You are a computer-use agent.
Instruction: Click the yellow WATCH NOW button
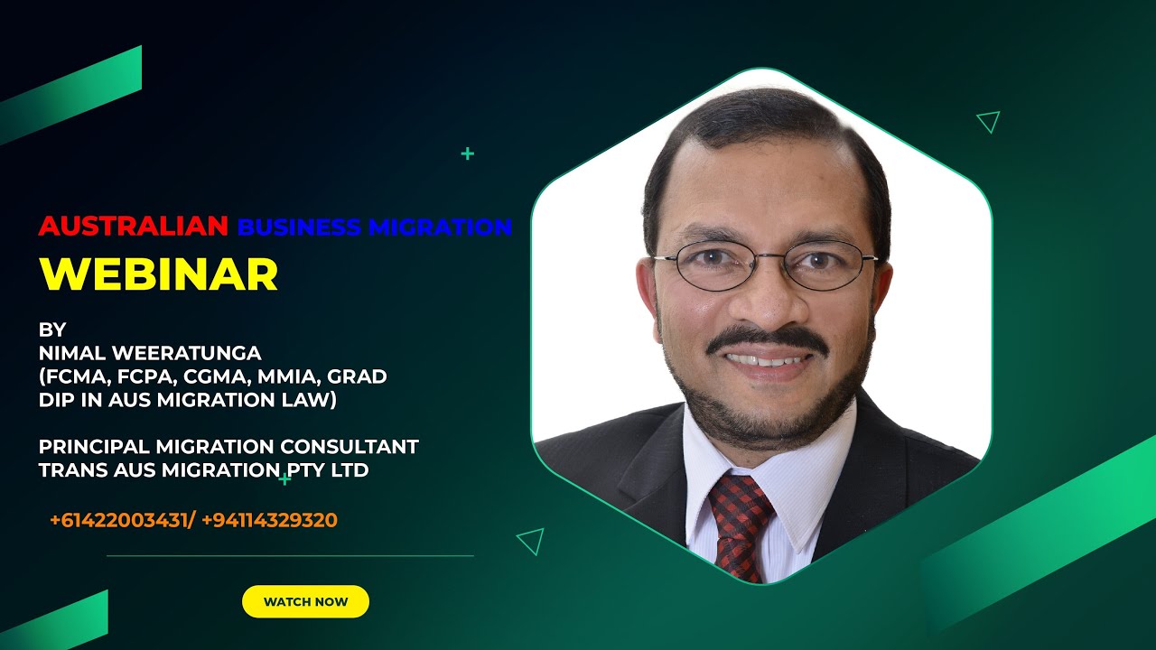click(305, 601)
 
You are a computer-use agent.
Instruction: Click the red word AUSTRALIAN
click(133, 227)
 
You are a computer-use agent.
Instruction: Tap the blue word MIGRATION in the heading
click(440, 227)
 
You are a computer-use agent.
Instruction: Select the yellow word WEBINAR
click(158, 274)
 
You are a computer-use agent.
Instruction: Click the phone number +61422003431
click(121, 520)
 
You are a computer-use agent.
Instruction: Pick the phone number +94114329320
click(270, 520)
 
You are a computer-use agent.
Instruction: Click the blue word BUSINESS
click(299, 227)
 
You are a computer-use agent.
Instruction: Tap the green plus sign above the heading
click(467, 153)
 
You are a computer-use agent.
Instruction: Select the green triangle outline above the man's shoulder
click(989, 121)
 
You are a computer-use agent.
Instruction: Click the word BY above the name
click(52, 329)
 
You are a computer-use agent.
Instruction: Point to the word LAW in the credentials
click(312, 400)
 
